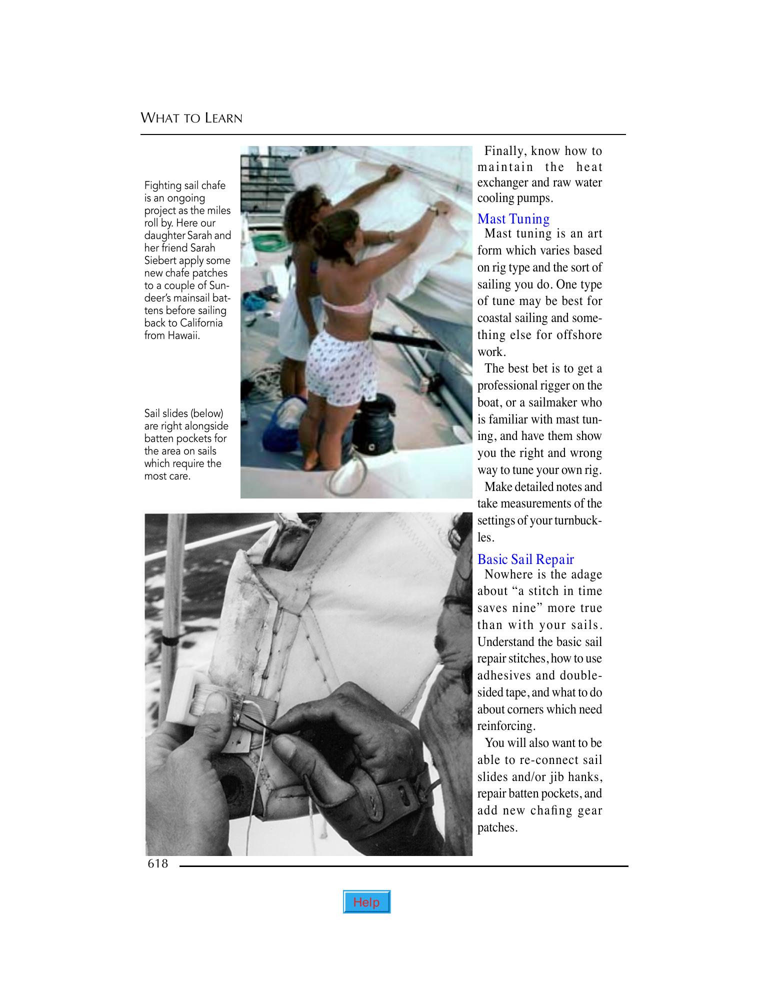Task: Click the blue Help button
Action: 366,902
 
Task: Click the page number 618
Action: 158,863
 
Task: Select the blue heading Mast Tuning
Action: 513,219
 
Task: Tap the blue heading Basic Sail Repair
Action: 525,559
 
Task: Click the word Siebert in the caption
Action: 162,260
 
